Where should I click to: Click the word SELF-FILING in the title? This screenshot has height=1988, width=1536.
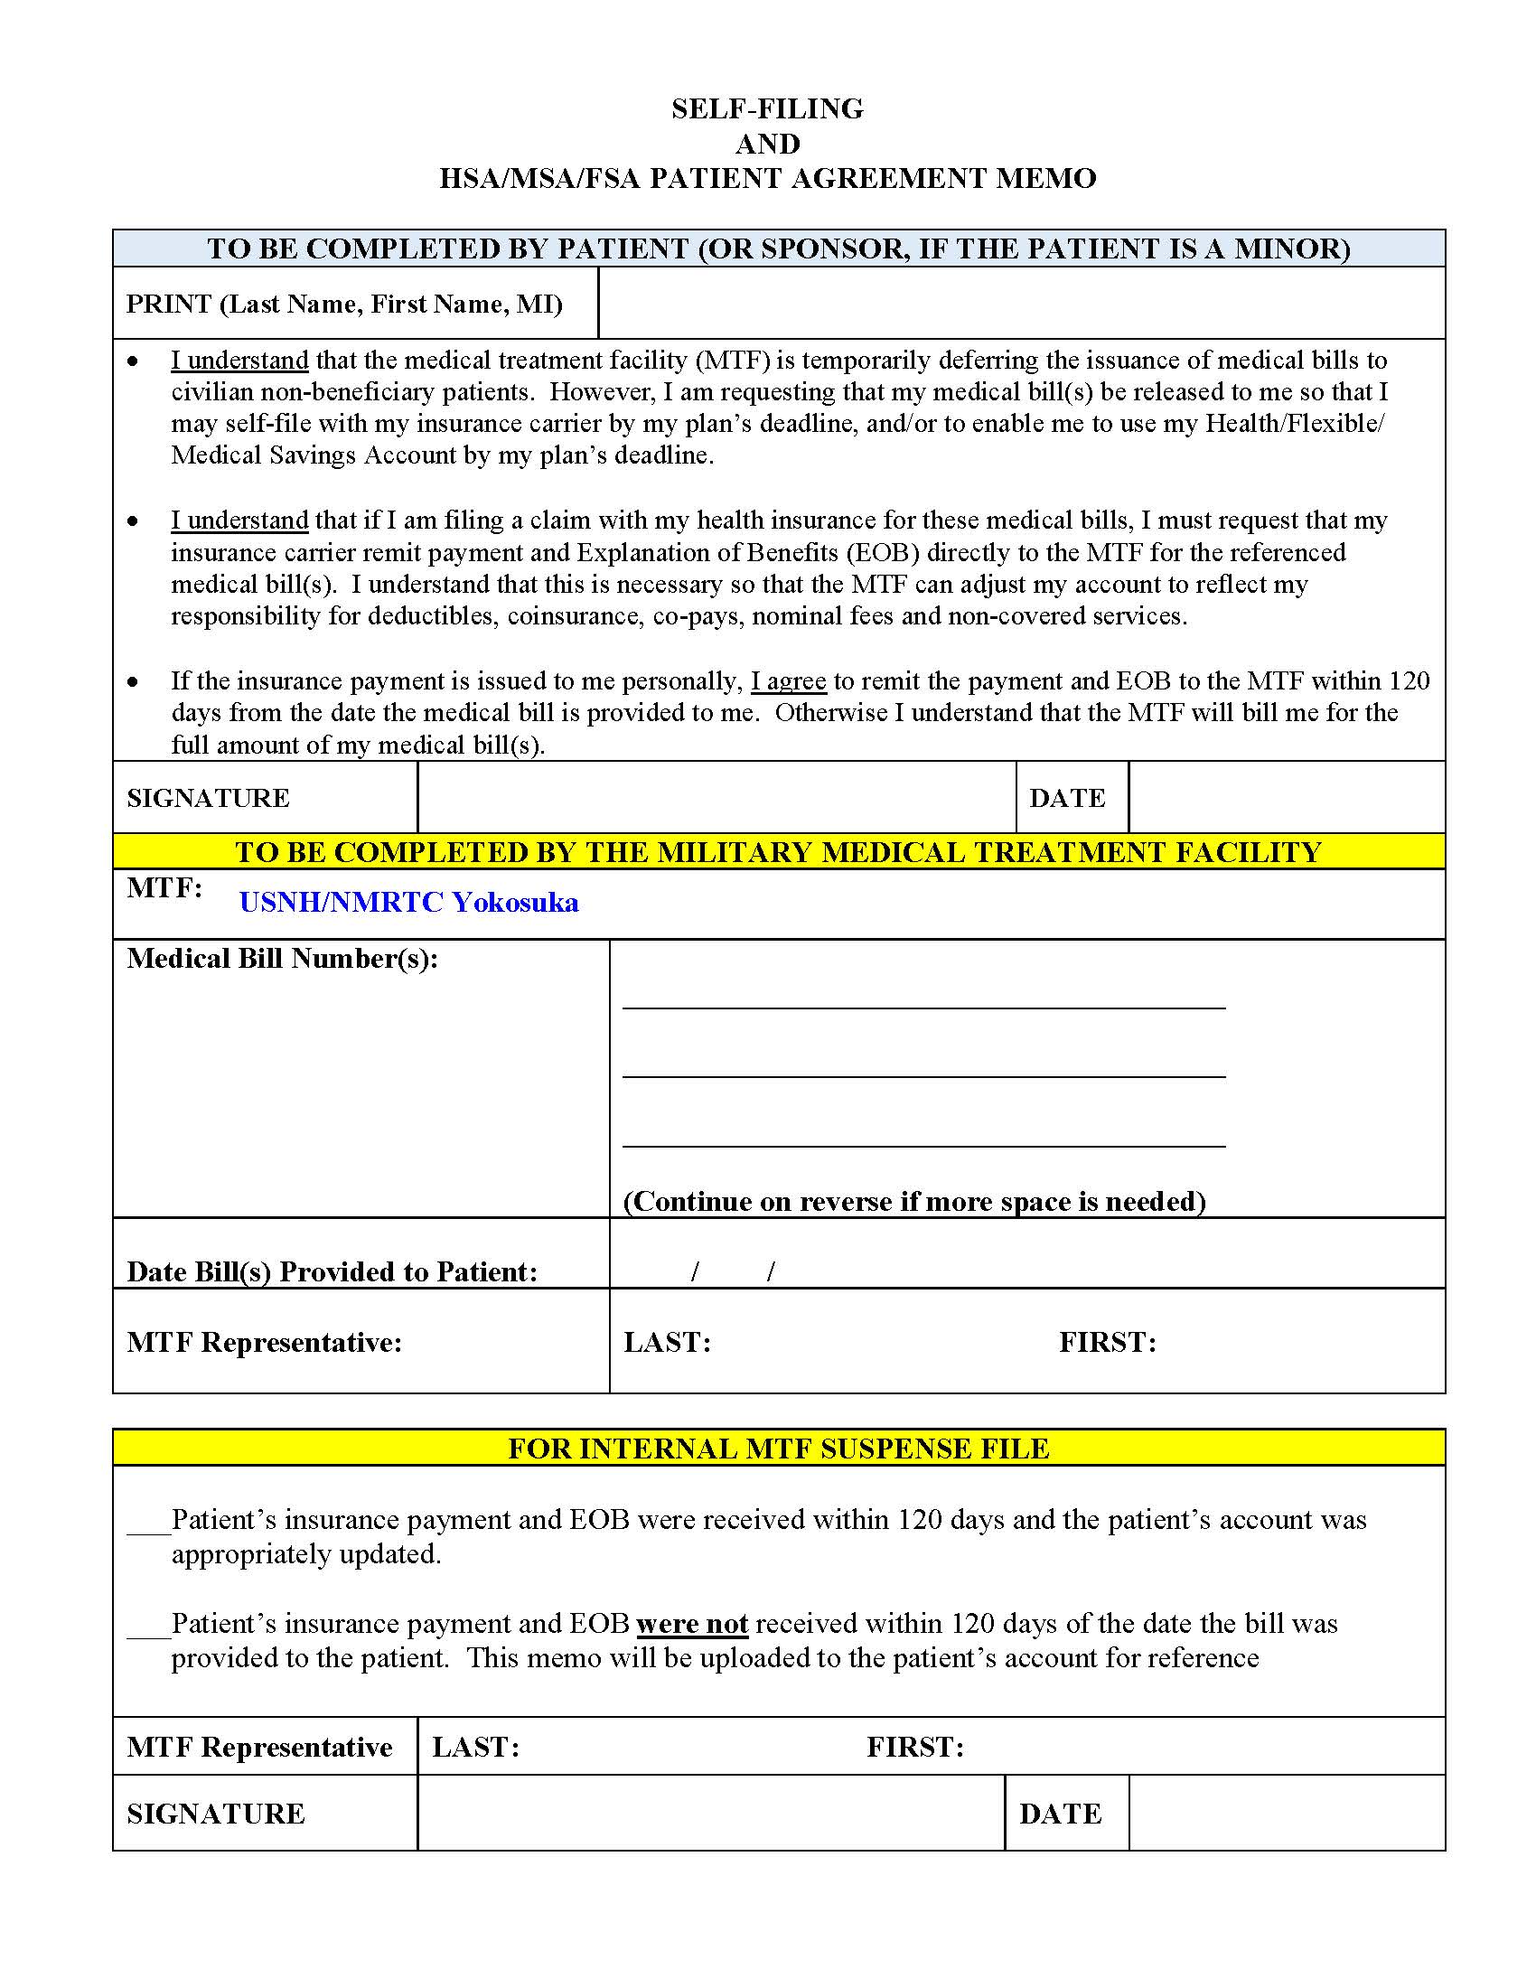(767, 109)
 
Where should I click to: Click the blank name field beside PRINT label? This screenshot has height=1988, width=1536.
(1020, 303)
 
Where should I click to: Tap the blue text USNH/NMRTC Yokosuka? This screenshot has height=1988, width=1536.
(408, 902)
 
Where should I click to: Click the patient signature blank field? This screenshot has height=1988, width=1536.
(716, 797)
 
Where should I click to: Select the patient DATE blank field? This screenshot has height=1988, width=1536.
(1286, 797)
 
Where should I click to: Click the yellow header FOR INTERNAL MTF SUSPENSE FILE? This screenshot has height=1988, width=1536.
(778, 1448)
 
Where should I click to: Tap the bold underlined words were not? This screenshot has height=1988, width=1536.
(691, 1624)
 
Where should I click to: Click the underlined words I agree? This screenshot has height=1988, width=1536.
(788, 680)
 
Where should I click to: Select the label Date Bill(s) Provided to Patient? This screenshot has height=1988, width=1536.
(332, 1271)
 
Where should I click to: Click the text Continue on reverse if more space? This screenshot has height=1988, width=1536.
(913, 1202)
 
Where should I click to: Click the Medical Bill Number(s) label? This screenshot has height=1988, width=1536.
(282, 959)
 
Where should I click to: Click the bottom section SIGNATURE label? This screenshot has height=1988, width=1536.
(216, 1814)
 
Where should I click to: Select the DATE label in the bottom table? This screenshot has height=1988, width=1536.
(1060, 1814)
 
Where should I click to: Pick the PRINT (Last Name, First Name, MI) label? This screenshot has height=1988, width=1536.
(344, 304)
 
